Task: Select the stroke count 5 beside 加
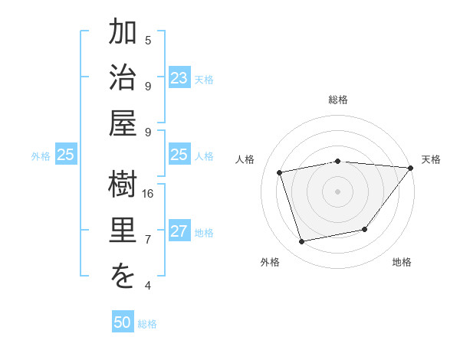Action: point(148,40)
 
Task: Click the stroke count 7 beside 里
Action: point(148,239)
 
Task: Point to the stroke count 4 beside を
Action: point(148,285)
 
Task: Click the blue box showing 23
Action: point(179,78)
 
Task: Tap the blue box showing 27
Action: point(179,231)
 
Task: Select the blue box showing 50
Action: point(123,322)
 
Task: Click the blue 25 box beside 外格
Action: point(65,155)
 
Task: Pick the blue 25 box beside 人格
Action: point(179,155)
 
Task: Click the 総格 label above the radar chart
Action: point(337,100)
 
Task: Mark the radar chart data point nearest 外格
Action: point(302,242)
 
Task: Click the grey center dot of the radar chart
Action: point(337,191)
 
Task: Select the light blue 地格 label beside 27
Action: point(204,232)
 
